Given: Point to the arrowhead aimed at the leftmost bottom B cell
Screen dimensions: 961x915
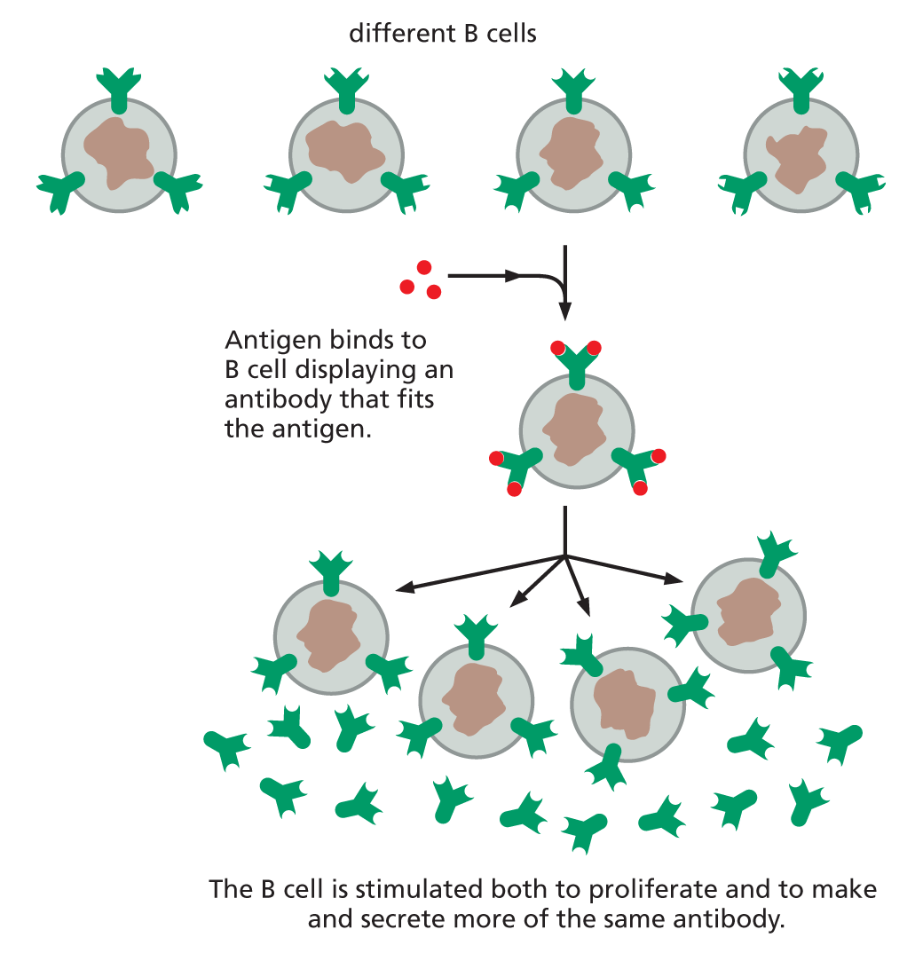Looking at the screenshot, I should pos(405,587).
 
